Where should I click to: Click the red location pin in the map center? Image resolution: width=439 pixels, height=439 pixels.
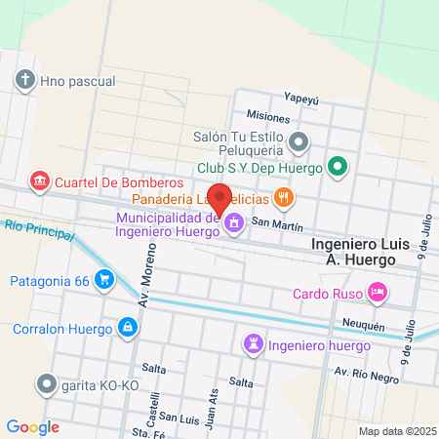click(x=220, y=198)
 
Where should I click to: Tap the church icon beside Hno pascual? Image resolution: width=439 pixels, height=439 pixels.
click(x=25, y=80)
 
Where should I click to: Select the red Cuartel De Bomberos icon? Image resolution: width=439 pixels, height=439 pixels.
click(x=40, y=181)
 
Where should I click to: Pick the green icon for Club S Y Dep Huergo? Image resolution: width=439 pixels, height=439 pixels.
click(x=338, y=167)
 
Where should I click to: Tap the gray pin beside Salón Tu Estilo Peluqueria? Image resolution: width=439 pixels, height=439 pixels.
click(x=299, y=143)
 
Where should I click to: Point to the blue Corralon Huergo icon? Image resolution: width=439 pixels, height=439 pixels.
click(x=127, y=328)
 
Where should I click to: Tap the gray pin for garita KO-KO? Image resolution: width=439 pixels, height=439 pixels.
click(x=45, y=383)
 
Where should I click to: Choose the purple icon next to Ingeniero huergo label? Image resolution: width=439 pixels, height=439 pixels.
click(x=253, y=345)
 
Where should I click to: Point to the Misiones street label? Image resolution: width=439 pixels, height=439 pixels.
click(x=268, y=116)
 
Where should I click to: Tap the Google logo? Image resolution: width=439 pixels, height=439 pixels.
click(x=33, y=426)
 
